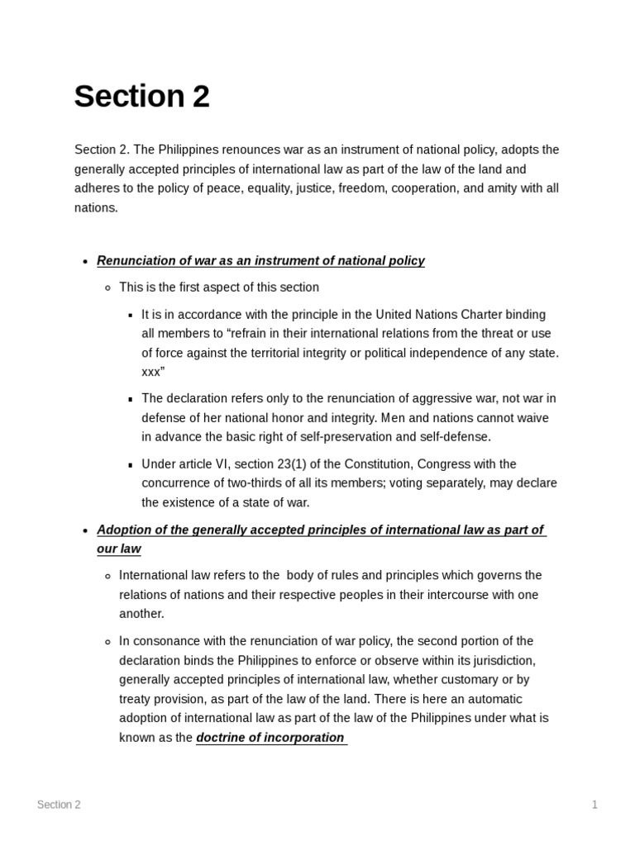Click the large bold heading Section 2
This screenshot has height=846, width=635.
[141, 97]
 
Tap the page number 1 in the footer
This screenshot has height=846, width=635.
[594, 805]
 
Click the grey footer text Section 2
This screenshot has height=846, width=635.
[59, 805]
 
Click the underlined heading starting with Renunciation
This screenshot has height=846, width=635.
[260, 261]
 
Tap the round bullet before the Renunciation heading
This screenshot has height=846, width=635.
[85, 262]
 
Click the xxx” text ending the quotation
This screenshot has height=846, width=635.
[153, 372]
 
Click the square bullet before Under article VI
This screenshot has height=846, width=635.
[131, 465]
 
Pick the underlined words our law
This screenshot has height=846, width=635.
[119, 549]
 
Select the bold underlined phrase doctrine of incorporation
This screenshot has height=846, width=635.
[270, 738]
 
